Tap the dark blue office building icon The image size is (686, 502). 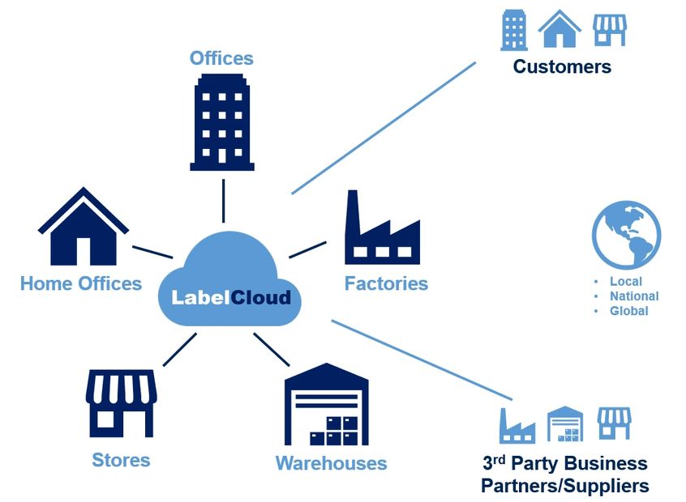(222, 123)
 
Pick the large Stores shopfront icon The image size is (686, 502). (121, 403)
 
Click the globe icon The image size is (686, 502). (626, 236)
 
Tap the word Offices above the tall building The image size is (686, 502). (221, 58)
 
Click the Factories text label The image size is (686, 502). (386, 283)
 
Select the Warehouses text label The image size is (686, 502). (331, 463)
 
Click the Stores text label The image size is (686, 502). (121, 460)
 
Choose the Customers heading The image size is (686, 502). (562, 66)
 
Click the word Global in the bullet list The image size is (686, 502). (628, 311)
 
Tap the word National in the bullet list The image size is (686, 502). (634, 296)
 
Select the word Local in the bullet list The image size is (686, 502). (625, 282)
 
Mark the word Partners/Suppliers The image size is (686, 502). (564, 486)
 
